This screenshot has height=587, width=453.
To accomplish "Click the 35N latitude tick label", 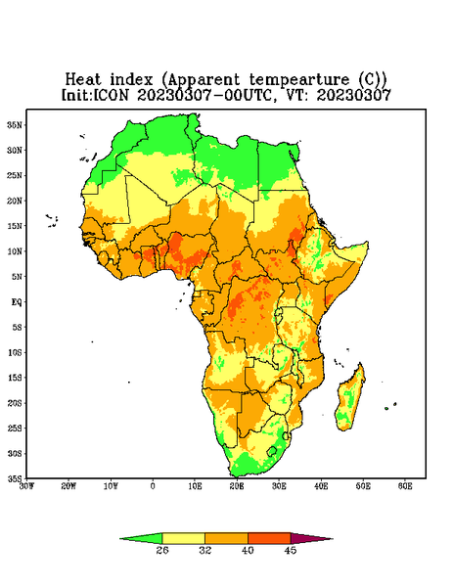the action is tap(16, 124).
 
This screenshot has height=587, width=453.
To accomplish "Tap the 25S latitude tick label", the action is tap(15, 428).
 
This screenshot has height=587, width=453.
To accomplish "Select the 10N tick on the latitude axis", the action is tap(16, 251).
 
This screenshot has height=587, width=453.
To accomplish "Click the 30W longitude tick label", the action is tap(26, 486).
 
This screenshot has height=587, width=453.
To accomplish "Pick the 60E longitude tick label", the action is tap(405, 486).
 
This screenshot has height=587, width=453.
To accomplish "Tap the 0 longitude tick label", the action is tap(153, 486).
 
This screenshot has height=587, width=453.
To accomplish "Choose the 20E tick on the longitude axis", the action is tap(237, 486).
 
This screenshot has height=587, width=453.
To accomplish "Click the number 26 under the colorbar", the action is tap(162, 550).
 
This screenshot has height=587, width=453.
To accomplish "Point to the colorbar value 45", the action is tap(291, 550).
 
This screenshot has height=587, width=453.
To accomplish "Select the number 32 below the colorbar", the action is tap(205, 550).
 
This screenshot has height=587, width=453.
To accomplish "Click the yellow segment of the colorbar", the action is tap(183, 539).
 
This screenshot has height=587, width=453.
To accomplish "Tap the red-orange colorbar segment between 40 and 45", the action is tap(269, 539).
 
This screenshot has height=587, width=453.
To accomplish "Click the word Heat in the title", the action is tap(83, 80).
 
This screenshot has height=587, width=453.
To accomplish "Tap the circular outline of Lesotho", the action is tap(272, 451).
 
